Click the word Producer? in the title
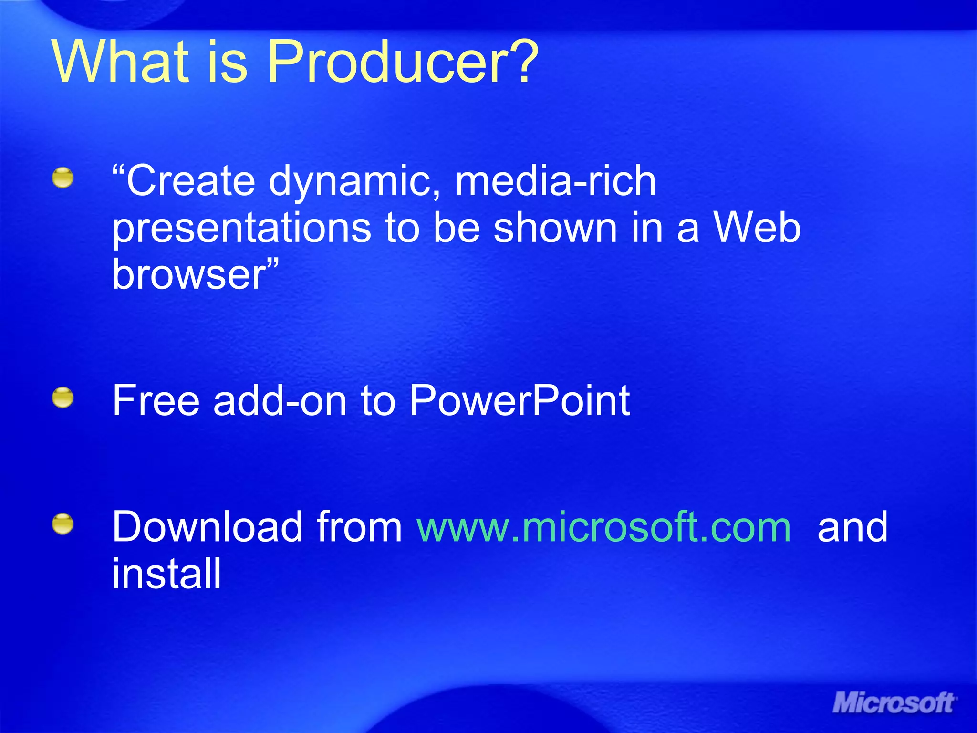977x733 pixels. click(403, 62)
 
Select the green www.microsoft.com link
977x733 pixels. click(604, 527)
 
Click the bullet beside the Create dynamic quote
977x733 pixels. click(63, 178)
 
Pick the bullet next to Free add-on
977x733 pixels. click(63, 398)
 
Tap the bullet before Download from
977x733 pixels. click(63, 524)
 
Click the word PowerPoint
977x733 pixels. click(520, 401)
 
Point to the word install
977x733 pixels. click(166, 574)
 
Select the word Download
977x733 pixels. click(207, 527)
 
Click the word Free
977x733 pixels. click(156, 401)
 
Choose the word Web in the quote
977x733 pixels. click(757, 228)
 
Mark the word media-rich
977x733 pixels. click(555, 181)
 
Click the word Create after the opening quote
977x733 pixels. click(191, 181)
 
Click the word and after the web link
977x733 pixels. click(852, 527)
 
